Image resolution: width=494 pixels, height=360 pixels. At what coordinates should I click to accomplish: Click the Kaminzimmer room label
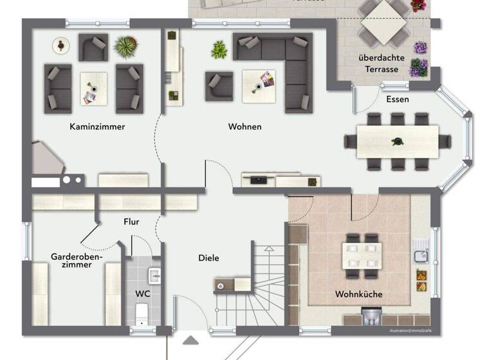coord(97,127)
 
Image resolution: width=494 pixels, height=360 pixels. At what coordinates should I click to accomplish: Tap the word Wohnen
coord(244,127)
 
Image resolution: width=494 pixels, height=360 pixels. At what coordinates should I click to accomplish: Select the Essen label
coord(397,100)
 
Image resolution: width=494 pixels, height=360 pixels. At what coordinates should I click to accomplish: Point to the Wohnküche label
coord(358,294)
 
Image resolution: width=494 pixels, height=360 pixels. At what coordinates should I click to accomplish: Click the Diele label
coord(208,258)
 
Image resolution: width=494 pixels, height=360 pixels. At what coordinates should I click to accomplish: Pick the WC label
coord(142,294)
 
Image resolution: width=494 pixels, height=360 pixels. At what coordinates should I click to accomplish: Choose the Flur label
coord(131,222)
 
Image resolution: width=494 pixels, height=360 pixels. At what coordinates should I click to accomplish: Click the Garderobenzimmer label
coord(77,261)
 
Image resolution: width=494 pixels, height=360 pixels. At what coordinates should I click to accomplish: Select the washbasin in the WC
coord(154,276)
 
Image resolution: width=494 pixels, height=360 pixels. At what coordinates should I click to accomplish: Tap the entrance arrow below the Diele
coord(191,341)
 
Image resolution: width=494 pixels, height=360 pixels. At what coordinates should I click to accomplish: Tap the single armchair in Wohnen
coord(219,86)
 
